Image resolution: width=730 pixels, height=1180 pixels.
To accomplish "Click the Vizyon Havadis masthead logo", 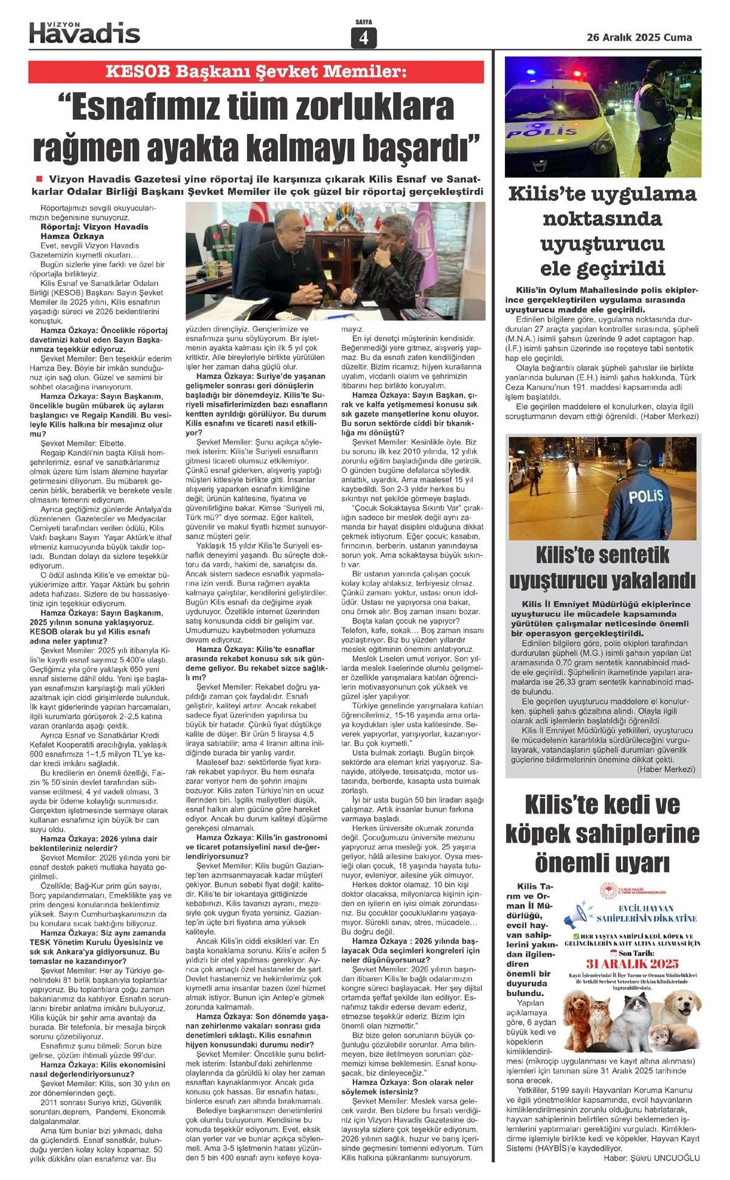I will click(x=85, y=32).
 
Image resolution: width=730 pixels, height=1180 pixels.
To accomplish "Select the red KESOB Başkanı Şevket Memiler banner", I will click(x=256, y=72).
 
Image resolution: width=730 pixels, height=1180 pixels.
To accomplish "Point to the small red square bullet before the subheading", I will click(x=40, y=179).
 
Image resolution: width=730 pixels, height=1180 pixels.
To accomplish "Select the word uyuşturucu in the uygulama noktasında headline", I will click(x=602, y=244).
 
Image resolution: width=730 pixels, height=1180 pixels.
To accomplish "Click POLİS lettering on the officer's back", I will click(x=645, y=497).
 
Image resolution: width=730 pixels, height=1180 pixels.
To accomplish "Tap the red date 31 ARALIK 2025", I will click(x=631, y=963).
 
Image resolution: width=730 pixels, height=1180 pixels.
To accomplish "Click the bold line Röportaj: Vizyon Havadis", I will click(x=94, y=227).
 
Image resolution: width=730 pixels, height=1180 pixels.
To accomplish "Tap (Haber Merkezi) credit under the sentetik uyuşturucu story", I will click(x=666, y=769).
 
